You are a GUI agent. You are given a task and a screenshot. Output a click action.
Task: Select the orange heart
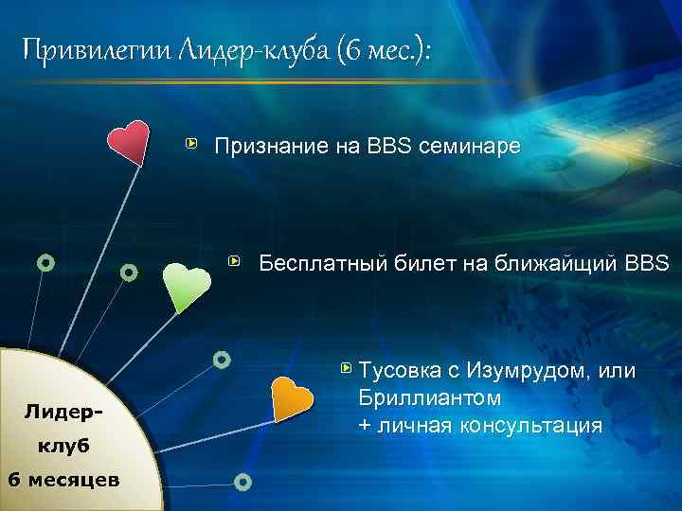point(291,398)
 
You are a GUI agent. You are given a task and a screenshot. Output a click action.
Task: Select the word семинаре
point(472,147)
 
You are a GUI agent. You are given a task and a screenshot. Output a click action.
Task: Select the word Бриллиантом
point(422,397)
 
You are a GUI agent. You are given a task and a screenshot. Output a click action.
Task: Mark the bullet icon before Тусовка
point(345,366)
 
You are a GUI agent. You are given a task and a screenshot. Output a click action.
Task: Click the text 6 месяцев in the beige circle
point(63,478)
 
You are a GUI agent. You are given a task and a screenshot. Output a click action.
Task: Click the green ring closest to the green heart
point(129,273)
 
